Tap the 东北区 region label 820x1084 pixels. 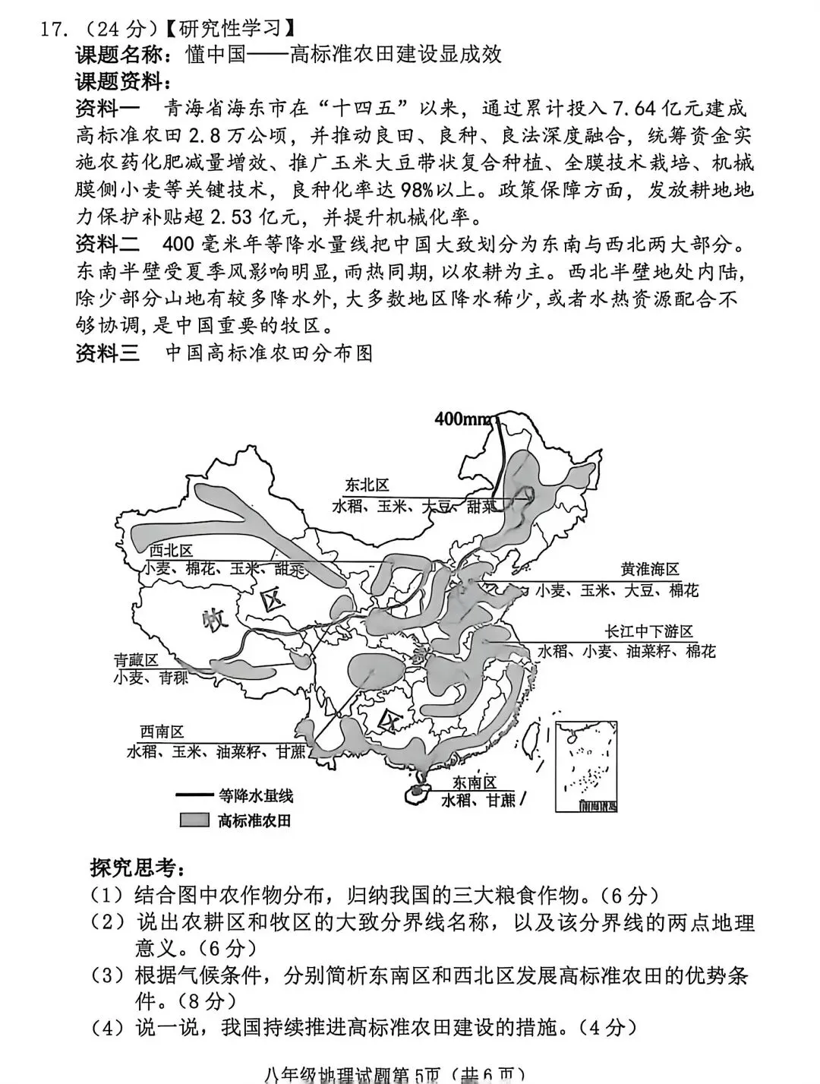(x=367, y=485)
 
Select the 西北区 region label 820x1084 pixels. (x=170, y=550)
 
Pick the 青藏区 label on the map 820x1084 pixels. (x=136, y=660)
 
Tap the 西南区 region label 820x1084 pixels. (x=162, y=732)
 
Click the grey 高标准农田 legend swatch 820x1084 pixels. (x=194, y=820)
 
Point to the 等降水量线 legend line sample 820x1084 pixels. (x=194, y=795)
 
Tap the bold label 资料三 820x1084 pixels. (x=108, y=353)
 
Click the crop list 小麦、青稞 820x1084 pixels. (x=150, y=678)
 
